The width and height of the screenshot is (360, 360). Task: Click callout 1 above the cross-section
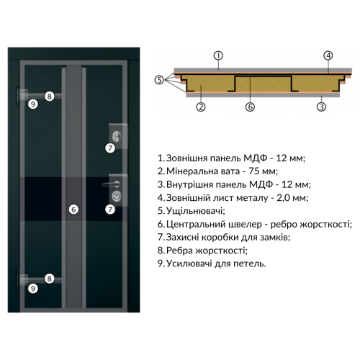(x=218, y=55)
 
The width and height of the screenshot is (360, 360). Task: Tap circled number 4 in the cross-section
(x=328, y=55)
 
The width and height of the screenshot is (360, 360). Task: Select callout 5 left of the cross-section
(x=159, y=80)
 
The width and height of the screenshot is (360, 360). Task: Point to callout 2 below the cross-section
(x=201, y=107)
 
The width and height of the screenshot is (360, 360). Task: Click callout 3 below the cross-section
(x=322, y=107)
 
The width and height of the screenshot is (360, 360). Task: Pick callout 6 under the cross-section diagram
(x=250, y=107)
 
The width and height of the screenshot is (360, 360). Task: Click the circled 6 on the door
(x=73, y=210)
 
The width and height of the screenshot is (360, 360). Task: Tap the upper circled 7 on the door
(x=110, y=148)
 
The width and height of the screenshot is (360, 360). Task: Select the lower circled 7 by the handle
(x=110, y=210)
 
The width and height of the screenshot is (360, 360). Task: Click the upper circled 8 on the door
(x=50, y=96)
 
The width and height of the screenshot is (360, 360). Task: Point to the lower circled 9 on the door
(x=33, y=289)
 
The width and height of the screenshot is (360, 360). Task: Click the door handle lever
(x=112, y=184)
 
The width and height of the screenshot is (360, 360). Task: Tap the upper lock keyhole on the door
(x=117, y=136)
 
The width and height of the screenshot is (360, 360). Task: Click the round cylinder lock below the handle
(x=117, y=195)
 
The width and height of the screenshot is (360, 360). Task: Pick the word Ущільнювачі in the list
(x=195, y=211)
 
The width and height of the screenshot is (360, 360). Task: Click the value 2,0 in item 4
(x=283, y=198)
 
